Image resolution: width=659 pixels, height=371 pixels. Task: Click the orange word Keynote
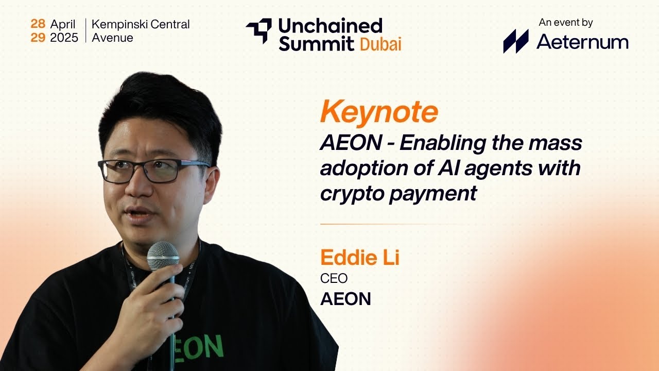pyautogui.click(x=379, y=112)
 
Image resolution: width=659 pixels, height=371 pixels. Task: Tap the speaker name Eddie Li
pyautogui.click(x=359, y=258)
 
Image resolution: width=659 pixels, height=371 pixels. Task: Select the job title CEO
pyautogui.click(x=334, y=279)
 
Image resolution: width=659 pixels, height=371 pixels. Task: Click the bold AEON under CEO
pyautogui.click(x=345, y=299)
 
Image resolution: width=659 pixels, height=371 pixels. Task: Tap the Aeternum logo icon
pyautogui.click(x=515, y=41)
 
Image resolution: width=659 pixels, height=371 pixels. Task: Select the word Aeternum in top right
pyautogui.click(x=582, y=42)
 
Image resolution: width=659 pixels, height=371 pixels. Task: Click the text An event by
pyautogui.click(x=566, y=22)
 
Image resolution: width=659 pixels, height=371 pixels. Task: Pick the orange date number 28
pyautogui.click(x=38, y=24)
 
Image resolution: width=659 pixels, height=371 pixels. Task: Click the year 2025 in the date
pyautogui.click(x=64, y=38)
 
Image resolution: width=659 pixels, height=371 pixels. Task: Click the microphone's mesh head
pyautogui.click(x=163, y=256)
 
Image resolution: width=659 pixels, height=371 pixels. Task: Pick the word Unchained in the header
pyautogui.click(x=330, y=25)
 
